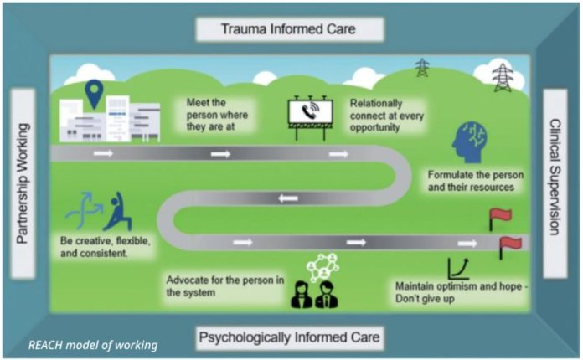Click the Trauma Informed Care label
coord(289,29)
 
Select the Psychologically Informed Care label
coord(289,338)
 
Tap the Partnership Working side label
coord(23,184)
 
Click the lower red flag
coord(509,246)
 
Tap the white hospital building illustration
coord(109,119)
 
